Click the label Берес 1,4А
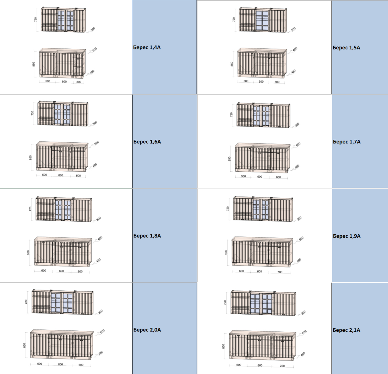pyautogui.click(x=147, y=47)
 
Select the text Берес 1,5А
pyautogui.click(x=346, y=48)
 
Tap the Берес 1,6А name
pyautogui.click(x=147, y=142)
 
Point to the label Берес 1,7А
pyautogui.click(x=347, y=142)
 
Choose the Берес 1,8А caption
pyautogui.click(x=147, y=236)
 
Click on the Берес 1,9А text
pyautogui.click(x=347, y=236)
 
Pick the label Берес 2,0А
pyautogui.click(x=147, y=330)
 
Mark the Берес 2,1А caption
pyautogui.click(x=346, y=330)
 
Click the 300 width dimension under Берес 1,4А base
pyautogui.click(x=79, y=82)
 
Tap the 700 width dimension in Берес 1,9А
pyautogui.click(x=280, y=272)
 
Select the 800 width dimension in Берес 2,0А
pyautogui.click(x=60, y=364)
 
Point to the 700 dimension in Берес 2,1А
pyautogui.click(x=282, y=366)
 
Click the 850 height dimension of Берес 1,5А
pyautogui.click(x=232, y=64)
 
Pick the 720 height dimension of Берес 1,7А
pyautogui.click(x=231, y=114)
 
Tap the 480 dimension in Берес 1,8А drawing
pyautogui.click(x=98, y=260)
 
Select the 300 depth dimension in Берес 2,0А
pyautogui.click(x=100, y=312)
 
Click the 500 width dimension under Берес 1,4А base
pyautogui.click(x=48, y=81)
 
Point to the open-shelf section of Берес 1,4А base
pyautogui.click(x=79, y=65)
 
